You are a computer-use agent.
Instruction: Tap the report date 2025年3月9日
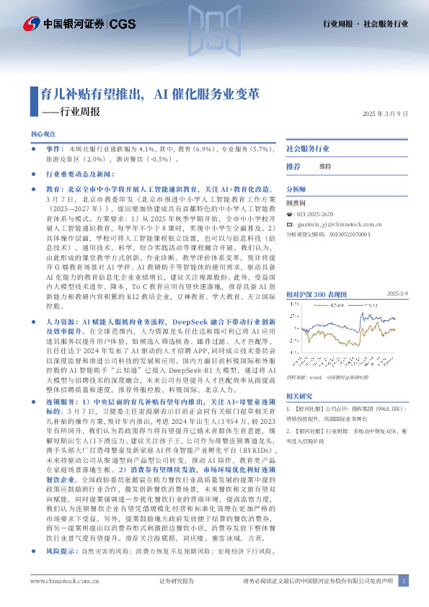385,114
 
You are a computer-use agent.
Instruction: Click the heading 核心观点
43,135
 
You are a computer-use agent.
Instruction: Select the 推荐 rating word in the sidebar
293,167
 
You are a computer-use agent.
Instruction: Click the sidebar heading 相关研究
298,396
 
